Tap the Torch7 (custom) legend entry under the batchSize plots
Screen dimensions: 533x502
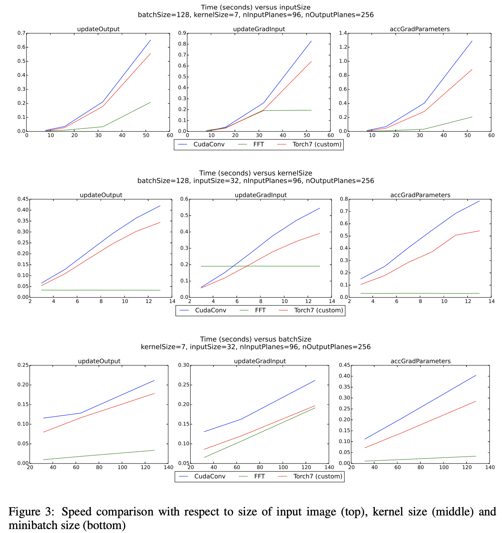tap(318, 476)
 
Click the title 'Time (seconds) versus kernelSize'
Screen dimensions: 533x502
tap(256, 173)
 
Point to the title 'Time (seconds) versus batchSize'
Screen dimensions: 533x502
tap(256, 339)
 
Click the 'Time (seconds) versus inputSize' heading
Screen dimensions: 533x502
tap(256, 7)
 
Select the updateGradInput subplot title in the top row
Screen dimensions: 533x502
tap(259, 29)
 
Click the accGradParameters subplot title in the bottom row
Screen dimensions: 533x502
tap(420, 361)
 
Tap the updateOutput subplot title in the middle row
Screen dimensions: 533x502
tap(101, 195)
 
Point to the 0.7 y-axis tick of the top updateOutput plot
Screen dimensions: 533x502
tap(21, 33)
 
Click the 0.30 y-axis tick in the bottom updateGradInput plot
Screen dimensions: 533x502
tap(183, 365)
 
